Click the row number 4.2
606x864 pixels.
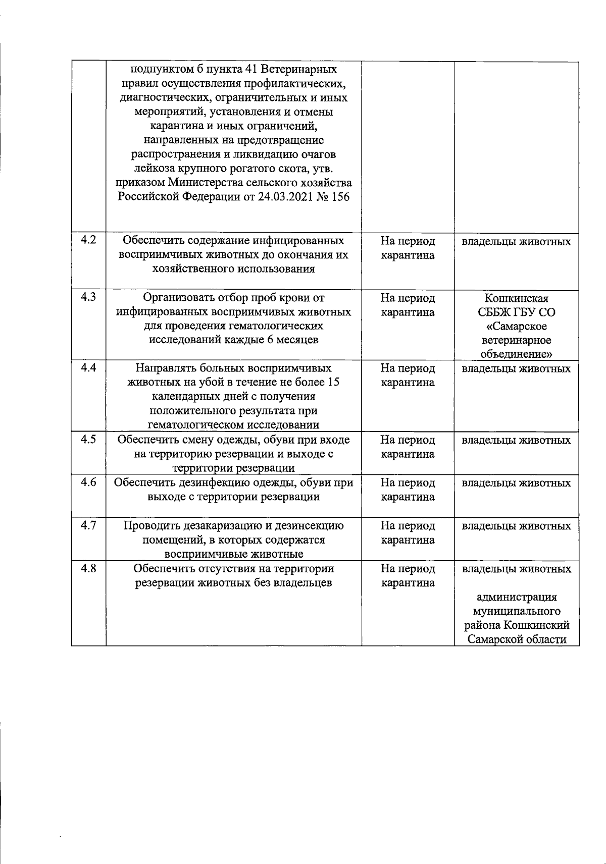88,240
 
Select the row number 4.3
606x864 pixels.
88,297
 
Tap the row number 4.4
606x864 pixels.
88,368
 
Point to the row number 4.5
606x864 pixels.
88,440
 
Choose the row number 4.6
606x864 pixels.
88,482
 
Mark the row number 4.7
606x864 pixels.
88,526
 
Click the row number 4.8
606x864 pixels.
88,569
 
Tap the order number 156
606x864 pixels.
340,197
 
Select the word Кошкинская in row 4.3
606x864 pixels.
516,298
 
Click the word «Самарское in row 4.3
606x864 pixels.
516,327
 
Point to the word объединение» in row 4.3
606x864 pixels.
516,354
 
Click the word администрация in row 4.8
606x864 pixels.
517,598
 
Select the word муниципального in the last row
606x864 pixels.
517,612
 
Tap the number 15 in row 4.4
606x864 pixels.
333,383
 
